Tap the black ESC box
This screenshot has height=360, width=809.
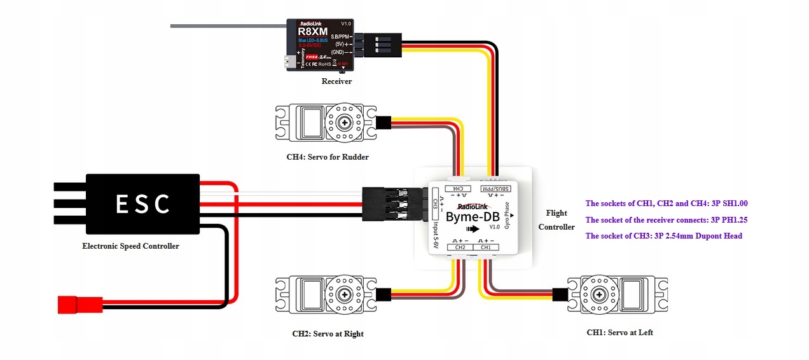click(143, 204)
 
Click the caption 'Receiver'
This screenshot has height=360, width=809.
click(336, 81)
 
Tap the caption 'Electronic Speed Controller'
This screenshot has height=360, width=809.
click(130, 246)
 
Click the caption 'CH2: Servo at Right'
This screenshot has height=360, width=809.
click(328, 334)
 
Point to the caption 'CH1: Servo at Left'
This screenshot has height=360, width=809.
click(619, 333)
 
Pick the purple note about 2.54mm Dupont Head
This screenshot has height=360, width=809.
click(663, 236)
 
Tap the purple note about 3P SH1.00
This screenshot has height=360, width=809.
click(666, 204)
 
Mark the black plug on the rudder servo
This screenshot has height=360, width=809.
click(384, 122)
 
